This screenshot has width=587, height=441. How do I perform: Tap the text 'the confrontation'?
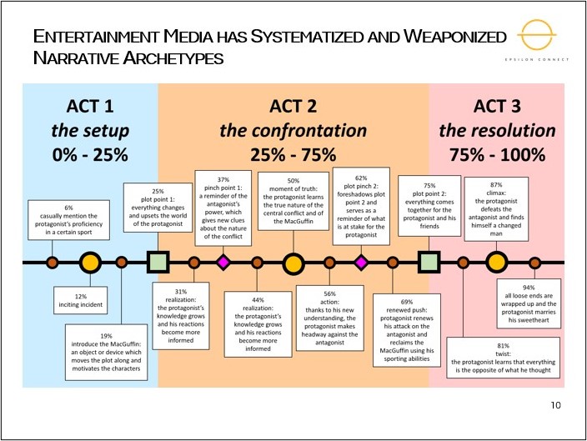click(x=293, y=130)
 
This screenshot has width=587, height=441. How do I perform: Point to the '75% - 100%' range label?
click(x=497, y=154)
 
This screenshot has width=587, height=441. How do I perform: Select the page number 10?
click(x=556, y=405)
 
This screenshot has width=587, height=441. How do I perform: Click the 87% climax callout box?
click(x=497, y=208)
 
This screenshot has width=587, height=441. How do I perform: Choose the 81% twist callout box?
click(x=503, y=356)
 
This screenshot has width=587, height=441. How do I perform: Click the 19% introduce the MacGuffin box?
click(x=106, y=352)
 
